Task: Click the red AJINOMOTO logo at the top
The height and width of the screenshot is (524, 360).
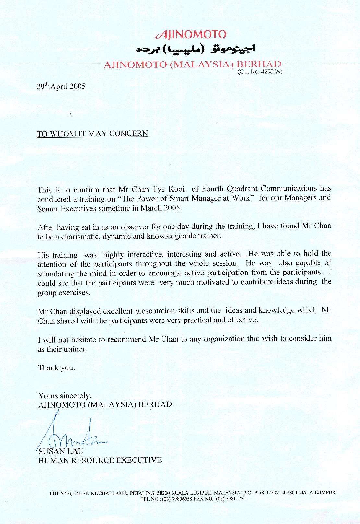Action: pyautogui.click(x=191, y=34)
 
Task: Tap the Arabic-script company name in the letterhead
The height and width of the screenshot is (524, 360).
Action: pyautogui.click(x=195, y=49)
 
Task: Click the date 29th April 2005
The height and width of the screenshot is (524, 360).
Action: pyautogui.click(x=61, y=86)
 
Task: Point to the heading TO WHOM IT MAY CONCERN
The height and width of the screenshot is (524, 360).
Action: pyautogui.click(x=92, y=134)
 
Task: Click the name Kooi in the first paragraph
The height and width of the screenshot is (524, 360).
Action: pyautogui.click(x=177, y=189)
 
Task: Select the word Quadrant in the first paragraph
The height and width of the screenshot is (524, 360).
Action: pyautogui.click(x=242, y=189)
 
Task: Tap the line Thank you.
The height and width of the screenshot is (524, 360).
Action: pyautogui.click(x=57, y=368)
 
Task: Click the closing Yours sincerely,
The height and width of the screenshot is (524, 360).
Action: pyautogui.click(x=65, y=396)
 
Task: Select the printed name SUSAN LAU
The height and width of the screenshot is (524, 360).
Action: pyautogui.click(x=61, y=451)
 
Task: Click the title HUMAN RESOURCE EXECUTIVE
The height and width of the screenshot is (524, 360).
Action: pyautogui.click(x=100, y=460)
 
